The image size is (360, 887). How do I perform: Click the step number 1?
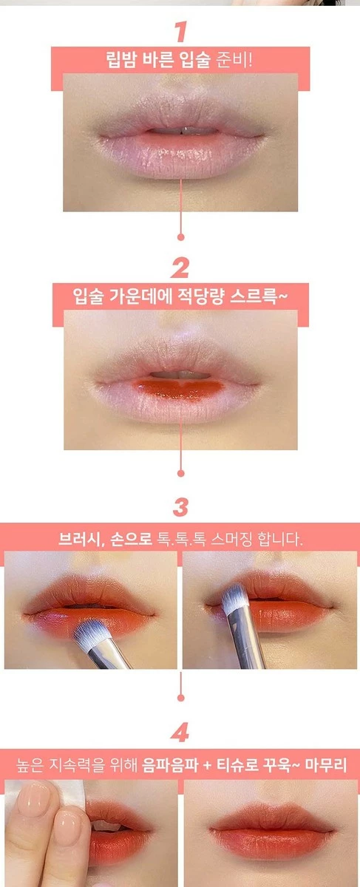tap(180, 32)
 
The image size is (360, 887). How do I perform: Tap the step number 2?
tap(180, 268)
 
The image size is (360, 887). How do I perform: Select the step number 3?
tap(180, 508)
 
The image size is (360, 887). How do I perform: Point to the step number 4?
tap(180, 734)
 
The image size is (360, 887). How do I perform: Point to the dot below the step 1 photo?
tap(180, 237)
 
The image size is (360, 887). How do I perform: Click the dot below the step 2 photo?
tap(180, 472)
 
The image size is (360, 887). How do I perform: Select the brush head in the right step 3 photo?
tap(234, 597)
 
